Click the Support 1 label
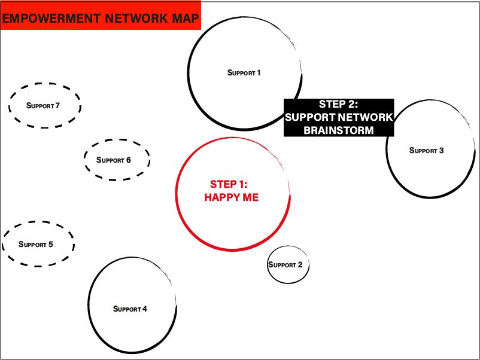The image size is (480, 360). pos(244,73)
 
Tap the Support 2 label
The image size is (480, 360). pos(285,265)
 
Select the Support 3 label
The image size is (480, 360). pos(426,151)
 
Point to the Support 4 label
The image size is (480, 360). pos(130,309)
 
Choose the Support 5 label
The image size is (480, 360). pos(36,245)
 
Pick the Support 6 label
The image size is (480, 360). pos(114,160)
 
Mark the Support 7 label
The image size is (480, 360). pos(43,106)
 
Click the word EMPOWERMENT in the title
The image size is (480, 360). pos(51,18)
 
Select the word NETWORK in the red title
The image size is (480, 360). pos(133,18)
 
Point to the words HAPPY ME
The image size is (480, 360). pos(232,198)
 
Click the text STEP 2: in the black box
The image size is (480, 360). pos(338,105)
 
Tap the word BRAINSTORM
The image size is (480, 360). pos(339,130)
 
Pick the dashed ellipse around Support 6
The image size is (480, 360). pos(117,141)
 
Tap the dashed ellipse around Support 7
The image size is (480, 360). pos(45,84)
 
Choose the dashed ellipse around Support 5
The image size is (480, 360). pos(38,224)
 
